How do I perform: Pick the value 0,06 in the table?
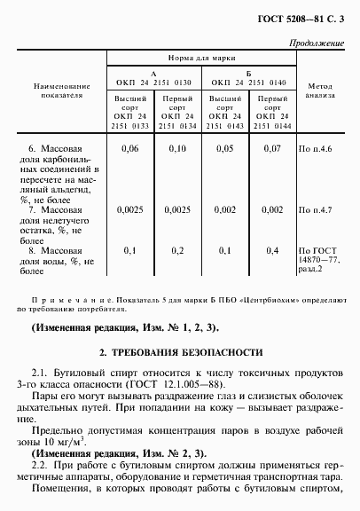[x=130, y=151]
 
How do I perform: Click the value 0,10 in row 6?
[x=178, y=151]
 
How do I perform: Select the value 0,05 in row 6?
[x=226, y=151]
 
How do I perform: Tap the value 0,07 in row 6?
[x=272, y=151]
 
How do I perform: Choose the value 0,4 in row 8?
[x=272, y=250]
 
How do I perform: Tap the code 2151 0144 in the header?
[x=272, y=127]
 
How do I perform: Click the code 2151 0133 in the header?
[x=130, y=127]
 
